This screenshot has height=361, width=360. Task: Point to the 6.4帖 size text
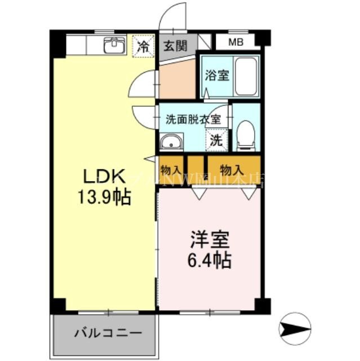point(208,261)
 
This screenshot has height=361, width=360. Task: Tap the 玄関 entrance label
point(175,46)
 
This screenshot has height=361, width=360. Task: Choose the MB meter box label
point(235,42)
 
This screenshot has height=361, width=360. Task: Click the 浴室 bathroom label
point(216,75)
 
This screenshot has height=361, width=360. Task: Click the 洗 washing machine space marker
point(216,141)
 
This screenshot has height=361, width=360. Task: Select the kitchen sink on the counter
point(114,45)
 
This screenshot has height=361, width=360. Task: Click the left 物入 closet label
point(171,169)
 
